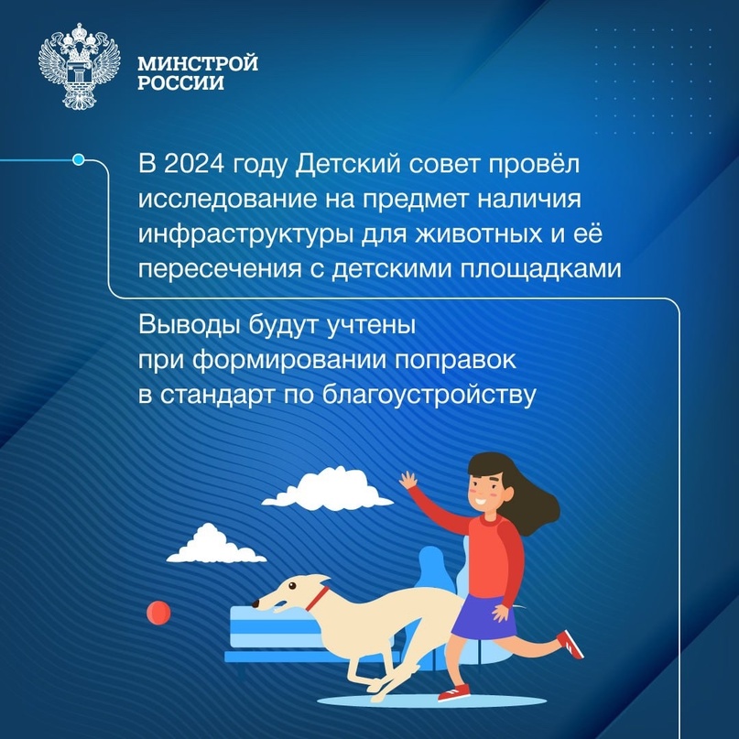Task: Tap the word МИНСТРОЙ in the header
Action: (197, 64)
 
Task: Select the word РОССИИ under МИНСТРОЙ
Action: (180, 82)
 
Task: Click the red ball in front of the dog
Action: (158, 608)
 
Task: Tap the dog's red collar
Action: (316, 599)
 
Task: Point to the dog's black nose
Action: (255, 605)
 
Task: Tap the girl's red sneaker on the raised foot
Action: (570, 644)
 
